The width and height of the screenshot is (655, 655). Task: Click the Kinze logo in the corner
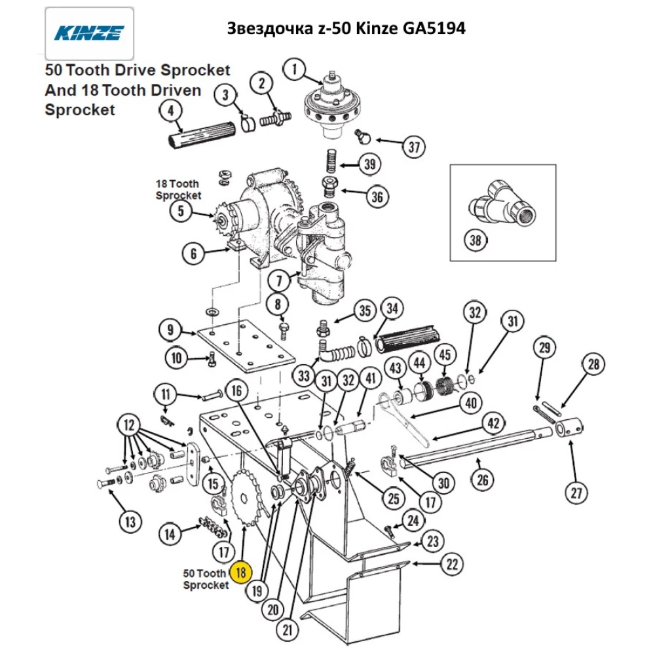click(x=89, y=33)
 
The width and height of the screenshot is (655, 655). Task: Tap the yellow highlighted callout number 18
click(x=240, y=572)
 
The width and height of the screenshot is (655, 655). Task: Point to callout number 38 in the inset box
click(x=476, y=240)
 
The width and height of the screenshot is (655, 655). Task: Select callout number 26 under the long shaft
click(x=482, y=481)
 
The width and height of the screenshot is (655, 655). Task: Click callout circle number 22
click(x=452, y=563)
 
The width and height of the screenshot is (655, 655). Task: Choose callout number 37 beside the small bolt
click(x=413, y=147)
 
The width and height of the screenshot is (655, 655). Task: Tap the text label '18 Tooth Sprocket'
click(x=178, y=189)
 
